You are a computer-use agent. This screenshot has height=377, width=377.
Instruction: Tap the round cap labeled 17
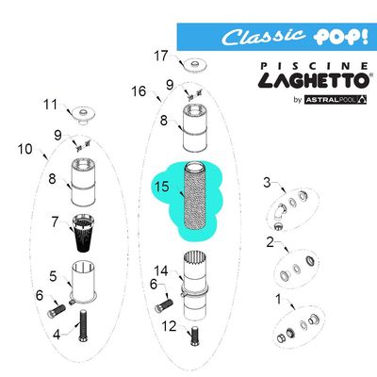click(x=198, y=65)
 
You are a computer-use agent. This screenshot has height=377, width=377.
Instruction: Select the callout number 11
click(x=51, y=105)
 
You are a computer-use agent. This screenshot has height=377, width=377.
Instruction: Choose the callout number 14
click(x=160, y=271)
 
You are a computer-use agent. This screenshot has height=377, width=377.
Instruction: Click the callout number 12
click(x=169, y=326)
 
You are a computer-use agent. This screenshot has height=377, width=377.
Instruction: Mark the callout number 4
click(x=56, y=333)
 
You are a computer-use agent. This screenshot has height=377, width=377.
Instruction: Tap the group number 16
click(x=139, y=91)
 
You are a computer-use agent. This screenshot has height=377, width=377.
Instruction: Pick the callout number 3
click(x=267, y=182)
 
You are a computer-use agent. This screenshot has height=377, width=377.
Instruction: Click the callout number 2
click(x=270, y=242)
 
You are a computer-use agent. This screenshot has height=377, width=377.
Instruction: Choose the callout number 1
click(x=276, y=300)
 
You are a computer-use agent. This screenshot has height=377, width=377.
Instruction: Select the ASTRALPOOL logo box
click(x=338, y=101)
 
